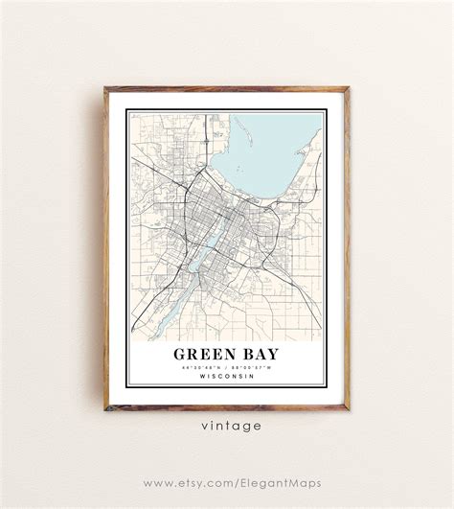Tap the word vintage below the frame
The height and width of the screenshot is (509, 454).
pos(227,426)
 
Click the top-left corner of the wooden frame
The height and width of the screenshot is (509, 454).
pos(105,89)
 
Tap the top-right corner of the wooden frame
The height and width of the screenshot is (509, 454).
pos(349,89)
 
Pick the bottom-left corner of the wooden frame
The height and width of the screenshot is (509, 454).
pos(105,409)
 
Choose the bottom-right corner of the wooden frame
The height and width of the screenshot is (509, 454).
pos(349,409)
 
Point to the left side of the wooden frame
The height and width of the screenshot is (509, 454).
pos(105,249)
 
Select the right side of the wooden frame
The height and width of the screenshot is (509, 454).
pos(348,249)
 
